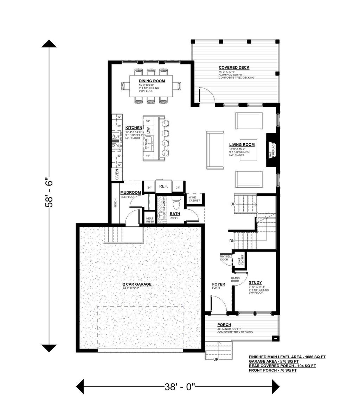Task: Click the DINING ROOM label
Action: click(152, 81)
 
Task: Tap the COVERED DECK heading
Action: click(234, 67)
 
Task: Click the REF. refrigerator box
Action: click(163, 187)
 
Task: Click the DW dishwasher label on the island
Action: click(148, 130)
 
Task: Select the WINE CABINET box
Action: click(194, 199)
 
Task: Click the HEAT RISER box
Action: click(150, 220)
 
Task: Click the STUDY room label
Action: click(255, 282)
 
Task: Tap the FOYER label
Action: click(218, 284)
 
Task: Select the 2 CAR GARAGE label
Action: click(137, 284)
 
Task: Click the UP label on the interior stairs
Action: click(233, 204)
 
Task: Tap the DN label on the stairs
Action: click(232, 241)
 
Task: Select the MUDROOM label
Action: click(130, 193)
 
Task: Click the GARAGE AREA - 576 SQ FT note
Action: click(274, 361)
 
